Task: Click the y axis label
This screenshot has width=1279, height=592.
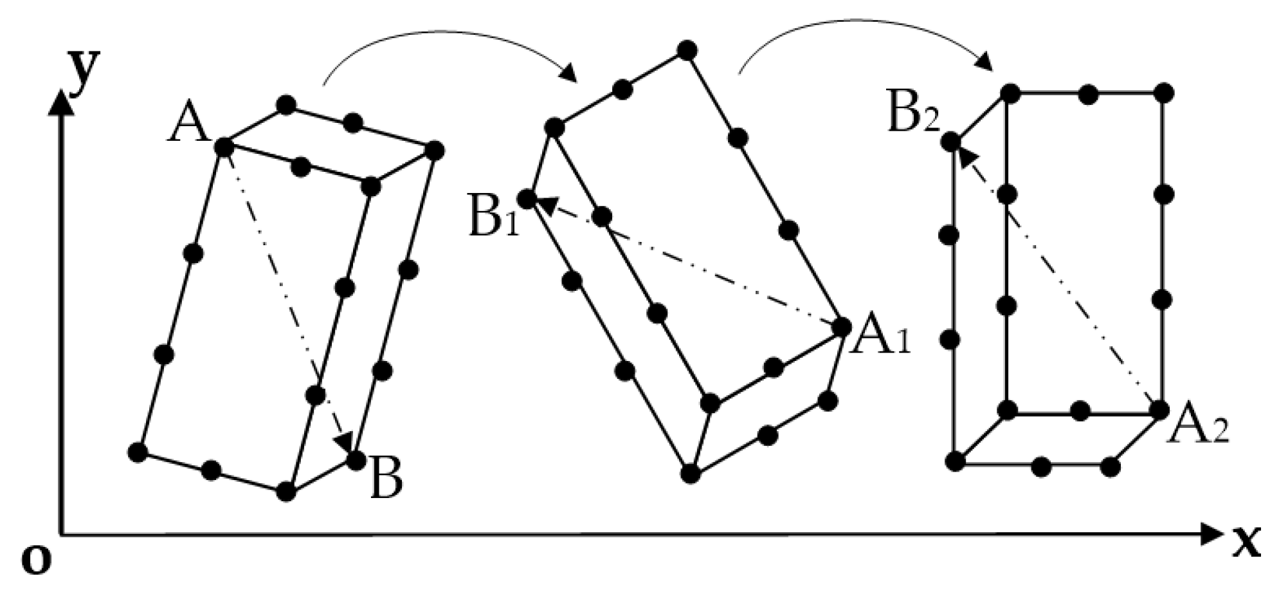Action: pyautogui.click(x=85, y=70)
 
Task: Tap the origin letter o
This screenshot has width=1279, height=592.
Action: pyautogui.click(x=36, y=560)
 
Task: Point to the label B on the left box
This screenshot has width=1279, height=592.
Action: pyautogui.click(x=386, y=481)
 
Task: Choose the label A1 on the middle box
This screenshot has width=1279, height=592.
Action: pyautogui.click(x=880, y=339)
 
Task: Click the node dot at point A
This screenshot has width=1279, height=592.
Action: pyautogui.click(x=224, y=147)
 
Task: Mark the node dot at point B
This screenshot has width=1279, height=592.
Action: pyautogui.click(x=356, y=459)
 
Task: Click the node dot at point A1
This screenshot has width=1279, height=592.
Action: pyautogui.click(x=841, y=327)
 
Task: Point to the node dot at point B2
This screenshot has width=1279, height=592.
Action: pyautogui.click(x=951, y=142)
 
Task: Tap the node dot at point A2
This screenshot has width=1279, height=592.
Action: pyautogui.click(x=1159, y=409)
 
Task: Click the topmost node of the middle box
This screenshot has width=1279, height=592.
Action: pyautogui.click(x=687, y=50)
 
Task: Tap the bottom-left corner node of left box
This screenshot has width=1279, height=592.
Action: pyautogui.click(x=137, y=452)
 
